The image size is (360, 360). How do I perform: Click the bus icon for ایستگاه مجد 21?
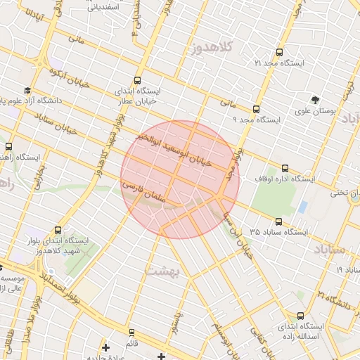pos(280,53)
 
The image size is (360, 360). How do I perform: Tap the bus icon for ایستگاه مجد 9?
pos(255,109)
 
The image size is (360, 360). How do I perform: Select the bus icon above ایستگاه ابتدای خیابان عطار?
pos(136,80)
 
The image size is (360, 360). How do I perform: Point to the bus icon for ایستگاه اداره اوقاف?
pos(285,168)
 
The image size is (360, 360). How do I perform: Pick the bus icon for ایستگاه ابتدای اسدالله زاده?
pos(301,316)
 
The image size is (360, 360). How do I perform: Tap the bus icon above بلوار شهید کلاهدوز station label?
pos(57,230)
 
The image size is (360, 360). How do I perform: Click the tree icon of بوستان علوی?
pos(316,99)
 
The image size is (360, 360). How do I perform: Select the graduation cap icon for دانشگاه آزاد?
pos(27,91)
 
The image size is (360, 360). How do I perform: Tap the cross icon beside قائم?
pos(105,347)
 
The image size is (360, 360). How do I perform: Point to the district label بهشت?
pos(163,269)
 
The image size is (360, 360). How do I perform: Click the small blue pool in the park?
pos(302,207)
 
